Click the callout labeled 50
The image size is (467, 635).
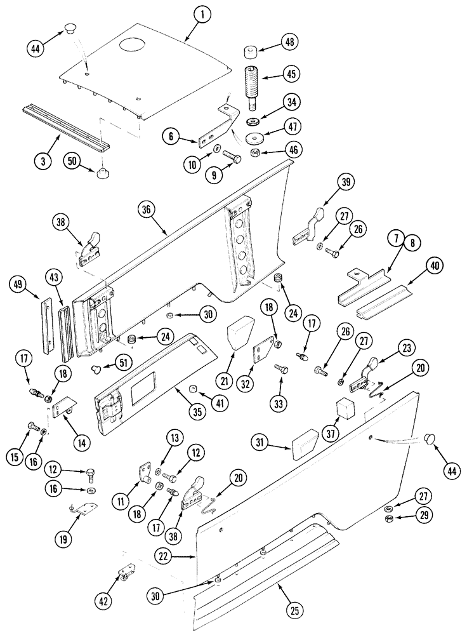73,162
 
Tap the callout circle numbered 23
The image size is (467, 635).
406,348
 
